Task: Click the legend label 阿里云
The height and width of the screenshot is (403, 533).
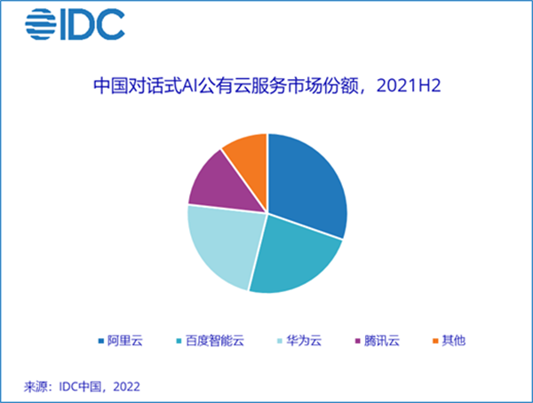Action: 125,341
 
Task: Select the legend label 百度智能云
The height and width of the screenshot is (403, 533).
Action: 215,341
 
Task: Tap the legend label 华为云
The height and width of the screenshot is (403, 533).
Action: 304,341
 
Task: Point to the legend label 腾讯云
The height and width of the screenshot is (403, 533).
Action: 382,341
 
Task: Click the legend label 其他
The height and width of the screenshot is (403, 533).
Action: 453,341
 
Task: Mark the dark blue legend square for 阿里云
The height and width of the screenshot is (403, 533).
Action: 101,341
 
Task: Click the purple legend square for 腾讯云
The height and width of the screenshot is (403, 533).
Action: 358,341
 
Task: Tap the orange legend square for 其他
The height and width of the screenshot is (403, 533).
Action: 435,341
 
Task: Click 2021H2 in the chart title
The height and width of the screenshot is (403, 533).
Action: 409,85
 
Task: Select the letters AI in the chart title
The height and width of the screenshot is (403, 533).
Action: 190,86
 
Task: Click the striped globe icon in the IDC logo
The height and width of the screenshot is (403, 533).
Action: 41,24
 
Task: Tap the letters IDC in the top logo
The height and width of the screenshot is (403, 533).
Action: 92,24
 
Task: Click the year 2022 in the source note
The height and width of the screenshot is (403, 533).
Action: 126,387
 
